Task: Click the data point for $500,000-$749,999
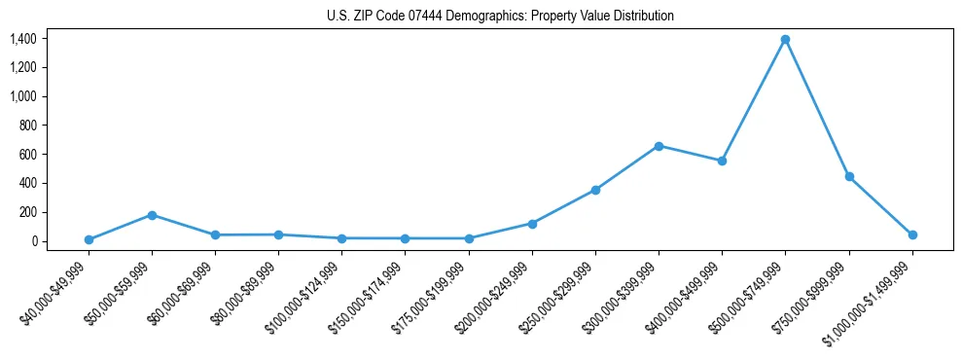pyautogui.click(x=785, y=40)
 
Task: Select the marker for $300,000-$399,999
pyautogui.click(x=659, y=146)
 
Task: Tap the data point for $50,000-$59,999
pyautogui.click(x=152, y=215)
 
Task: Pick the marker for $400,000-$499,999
pyautogui.click(x=722, y=161)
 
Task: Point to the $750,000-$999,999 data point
pyautogui.click(x=849, y=177)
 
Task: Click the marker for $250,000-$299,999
pyautogui.click(x=595, y=190)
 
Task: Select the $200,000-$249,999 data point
pyautogui.click(x=532, y=224)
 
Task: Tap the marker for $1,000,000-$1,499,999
pyautogui.click(x=912, y=234)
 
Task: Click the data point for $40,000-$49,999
pyautogui.click(x=89, y=239)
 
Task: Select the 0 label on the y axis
pyautogui.click(x=34, y=241)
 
